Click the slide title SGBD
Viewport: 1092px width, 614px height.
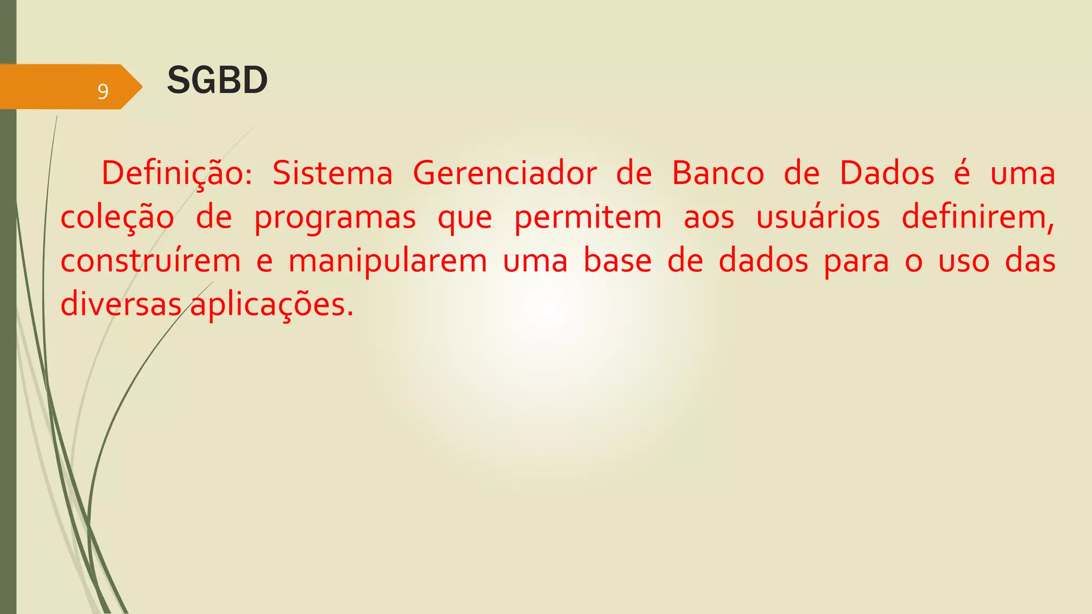pos(217,80)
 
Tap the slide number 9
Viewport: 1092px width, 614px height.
pos(103,92)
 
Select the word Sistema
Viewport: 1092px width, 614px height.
pos(333,174)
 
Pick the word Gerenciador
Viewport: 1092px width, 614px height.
pos(504,174)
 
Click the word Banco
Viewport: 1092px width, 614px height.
pos(718,174)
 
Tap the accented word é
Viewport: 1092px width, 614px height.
pos(962,174)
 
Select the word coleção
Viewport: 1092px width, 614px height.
pos(117,218)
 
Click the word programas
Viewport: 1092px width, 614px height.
pos(335,218)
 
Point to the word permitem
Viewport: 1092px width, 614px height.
pos(588,218)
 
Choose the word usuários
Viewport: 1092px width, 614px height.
pos(818,218)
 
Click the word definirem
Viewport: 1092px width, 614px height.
pos(978,218)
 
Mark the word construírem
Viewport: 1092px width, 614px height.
pos(150,261)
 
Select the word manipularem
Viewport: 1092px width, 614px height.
pos(388,261)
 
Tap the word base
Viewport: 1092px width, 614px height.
pos(617,261)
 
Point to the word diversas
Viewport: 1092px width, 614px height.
pos(121,305)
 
